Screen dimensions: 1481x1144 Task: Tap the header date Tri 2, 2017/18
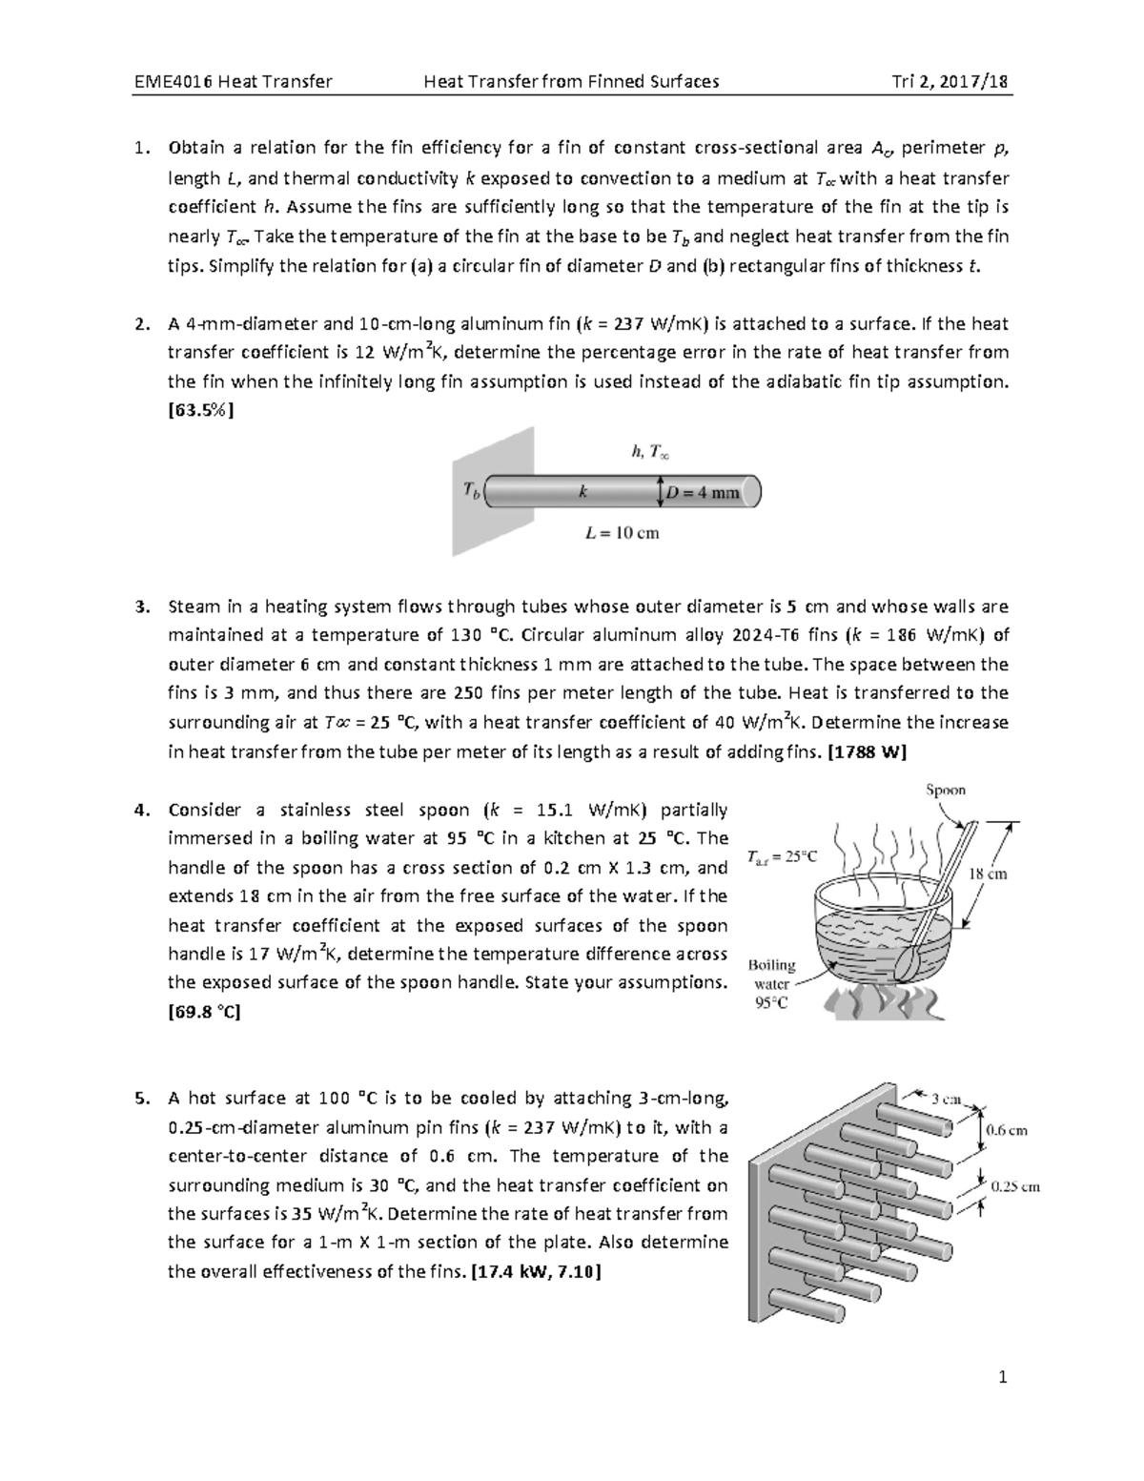(x=948, y=81)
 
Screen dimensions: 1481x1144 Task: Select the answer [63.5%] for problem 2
(x=200, y=411)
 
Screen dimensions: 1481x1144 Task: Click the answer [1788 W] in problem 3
(x=868, y=751)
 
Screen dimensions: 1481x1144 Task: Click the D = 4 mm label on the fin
(x=703, y=493)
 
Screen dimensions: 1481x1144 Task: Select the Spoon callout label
(x=946, y=790)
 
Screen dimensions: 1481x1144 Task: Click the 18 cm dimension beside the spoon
(x=987, y=874)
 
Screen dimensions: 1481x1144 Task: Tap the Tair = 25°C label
(x=783, y=856)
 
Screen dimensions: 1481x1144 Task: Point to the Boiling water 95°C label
(x=771, y=983)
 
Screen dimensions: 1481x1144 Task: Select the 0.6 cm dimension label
(x=1007, y=1130)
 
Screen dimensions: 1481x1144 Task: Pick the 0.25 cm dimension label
(x=1015, y=1187)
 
